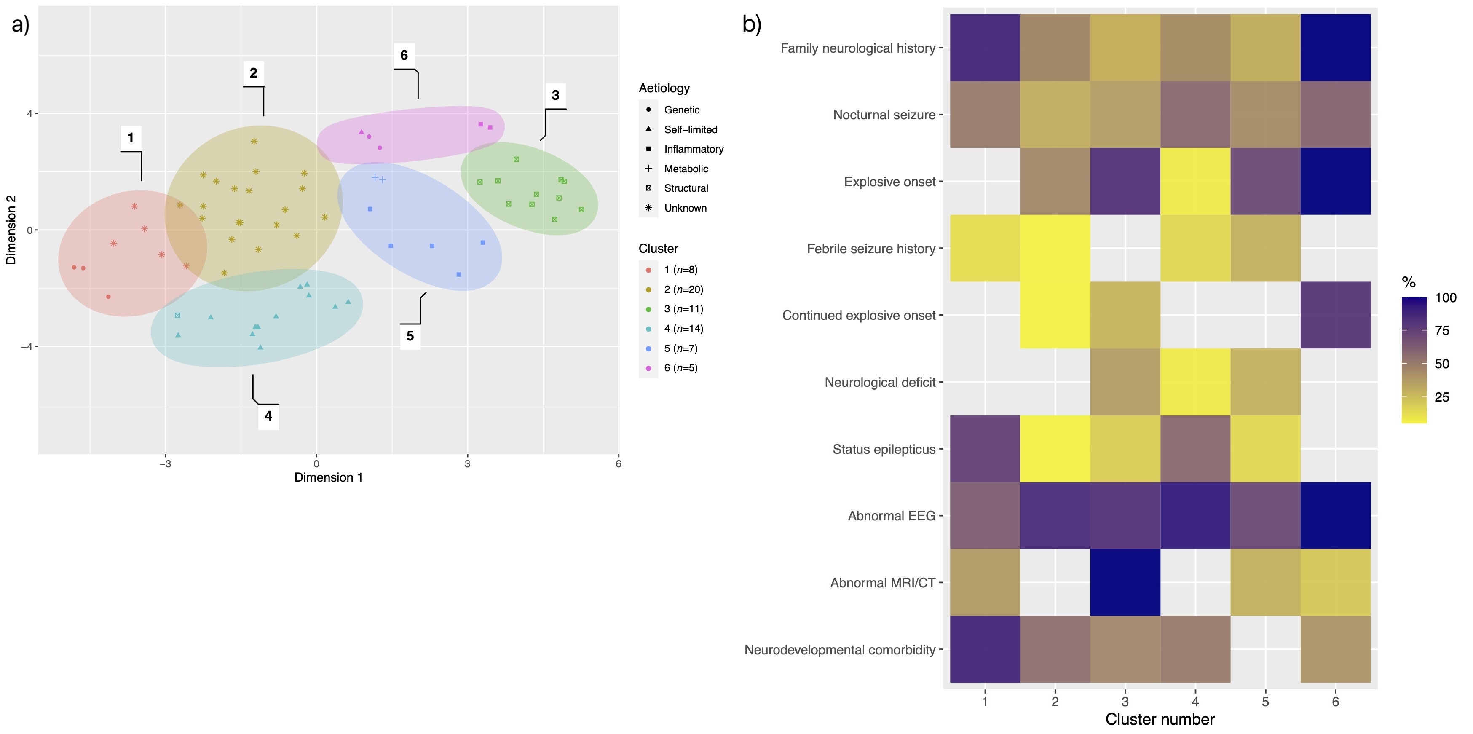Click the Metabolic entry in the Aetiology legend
[x=686, y=169]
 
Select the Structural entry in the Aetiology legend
[x=686, y=188]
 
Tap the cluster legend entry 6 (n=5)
[x=680, y=367]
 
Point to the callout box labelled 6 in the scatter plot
[x=404, y=56]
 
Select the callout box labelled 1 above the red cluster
[x=130, y=138]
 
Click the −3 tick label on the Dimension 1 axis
[x=165, y=463]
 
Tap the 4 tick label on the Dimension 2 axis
[x=29, y=113]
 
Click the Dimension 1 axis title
[x=328, y=477]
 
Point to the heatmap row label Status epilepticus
[x=884, y=449]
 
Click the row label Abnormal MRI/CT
[x=882, y=583]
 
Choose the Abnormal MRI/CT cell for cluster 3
[x=1125, y=582]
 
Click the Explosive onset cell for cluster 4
[x=1195, y=181]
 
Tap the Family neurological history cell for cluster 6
[x=1335, y=48]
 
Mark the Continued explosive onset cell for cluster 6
[x=1335, y=315]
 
